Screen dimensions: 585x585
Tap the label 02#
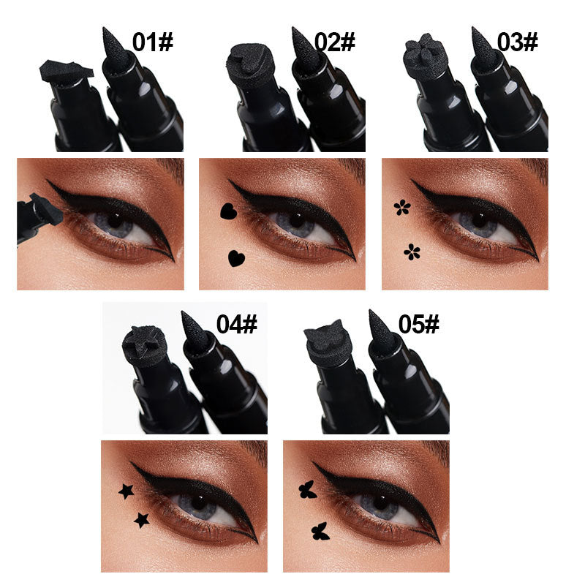(x=336, y=42)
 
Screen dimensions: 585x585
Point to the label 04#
(x=236, y=323)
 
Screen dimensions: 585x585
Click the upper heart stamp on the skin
(x=227, y=212)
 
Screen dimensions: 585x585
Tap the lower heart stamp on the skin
(x=235, y=257)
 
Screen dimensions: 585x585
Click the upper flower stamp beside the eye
(x=401, y=208)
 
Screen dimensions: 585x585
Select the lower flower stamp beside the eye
(x=412, y=252)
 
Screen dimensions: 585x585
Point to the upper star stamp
(x=127, y=491)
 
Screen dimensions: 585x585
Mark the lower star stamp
(x=141, y=520)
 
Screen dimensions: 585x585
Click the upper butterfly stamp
(x=308, y=491)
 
